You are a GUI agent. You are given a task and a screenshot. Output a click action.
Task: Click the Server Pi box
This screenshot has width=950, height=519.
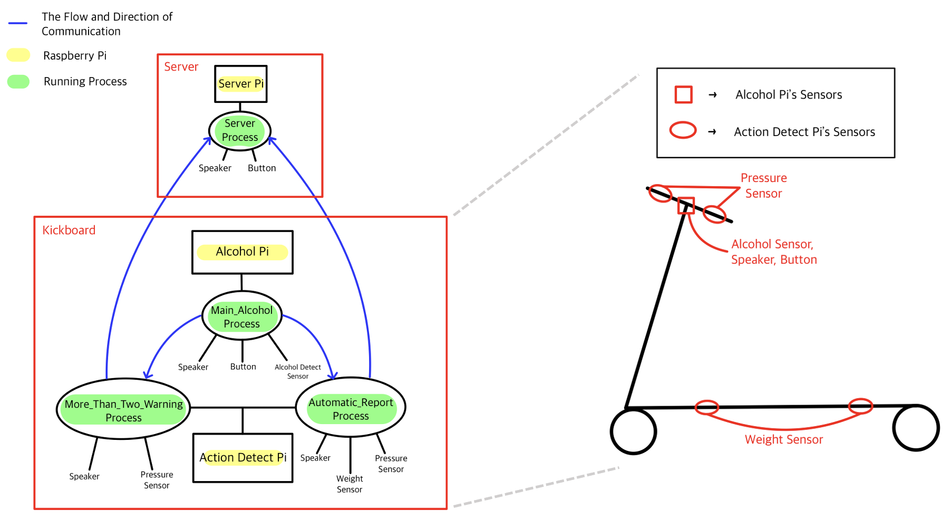coord(240,83)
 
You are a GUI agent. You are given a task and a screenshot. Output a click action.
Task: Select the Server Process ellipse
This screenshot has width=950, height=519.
coord(240,130)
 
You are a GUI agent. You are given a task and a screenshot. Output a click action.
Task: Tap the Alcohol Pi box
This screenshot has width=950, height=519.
coord(242,252)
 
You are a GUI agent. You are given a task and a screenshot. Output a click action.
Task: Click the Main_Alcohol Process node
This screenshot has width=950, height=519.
coord(241,316)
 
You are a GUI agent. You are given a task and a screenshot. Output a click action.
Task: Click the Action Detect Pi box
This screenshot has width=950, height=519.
coord(243,457)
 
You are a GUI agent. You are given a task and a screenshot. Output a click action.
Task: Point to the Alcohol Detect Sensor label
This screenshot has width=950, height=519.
coord(297,371)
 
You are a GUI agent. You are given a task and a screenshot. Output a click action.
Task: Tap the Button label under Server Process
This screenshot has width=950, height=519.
coord(261,168)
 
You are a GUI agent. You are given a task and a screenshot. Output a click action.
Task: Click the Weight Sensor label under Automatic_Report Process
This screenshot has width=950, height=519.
coord(349,484)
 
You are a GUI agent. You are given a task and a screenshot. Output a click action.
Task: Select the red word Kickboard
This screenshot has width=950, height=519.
coord(69,230)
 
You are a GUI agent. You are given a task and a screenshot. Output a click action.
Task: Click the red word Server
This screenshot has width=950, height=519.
coord(181,67)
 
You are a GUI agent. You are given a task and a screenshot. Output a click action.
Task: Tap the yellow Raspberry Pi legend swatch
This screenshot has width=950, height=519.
coord(18,55)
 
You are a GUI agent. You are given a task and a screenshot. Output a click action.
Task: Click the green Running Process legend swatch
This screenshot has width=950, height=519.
coord(18,81)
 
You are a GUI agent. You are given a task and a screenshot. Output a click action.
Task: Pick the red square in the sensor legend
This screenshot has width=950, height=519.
coord(683,94)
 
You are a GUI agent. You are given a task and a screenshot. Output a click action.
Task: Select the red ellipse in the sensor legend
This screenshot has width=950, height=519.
coord(683,130)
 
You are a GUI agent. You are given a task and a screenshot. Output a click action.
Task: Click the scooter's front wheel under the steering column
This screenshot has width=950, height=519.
coord(633,431)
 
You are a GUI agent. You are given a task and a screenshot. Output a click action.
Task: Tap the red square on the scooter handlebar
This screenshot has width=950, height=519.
coord(686,205)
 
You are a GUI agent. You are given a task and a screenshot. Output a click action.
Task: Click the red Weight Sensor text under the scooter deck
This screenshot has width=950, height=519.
coord(783,439)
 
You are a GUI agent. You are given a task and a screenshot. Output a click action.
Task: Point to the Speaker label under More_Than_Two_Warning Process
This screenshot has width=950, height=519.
coord(84,476)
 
